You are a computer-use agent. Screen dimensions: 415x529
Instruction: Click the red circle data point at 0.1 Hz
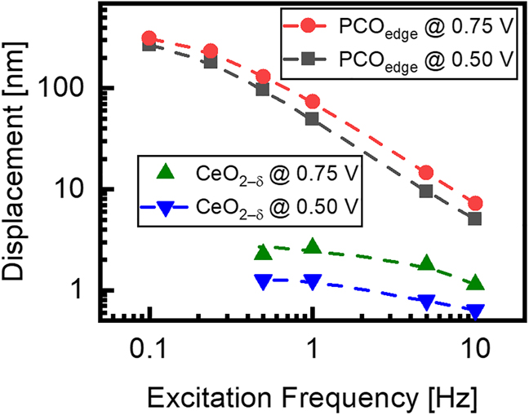[149, 38]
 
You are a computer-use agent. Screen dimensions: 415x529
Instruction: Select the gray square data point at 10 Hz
[474, 219]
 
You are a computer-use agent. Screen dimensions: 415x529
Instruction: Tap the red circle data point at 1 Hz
[312, 102]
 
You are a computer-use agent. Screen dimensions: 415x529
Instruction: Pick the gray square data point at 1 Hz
[312, 119]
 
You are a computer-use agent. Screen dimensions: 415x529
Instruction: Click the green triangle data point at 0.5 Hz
[263, 253]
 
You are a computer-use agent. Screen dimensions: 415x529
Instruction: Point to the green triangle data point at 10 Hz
[474, 283]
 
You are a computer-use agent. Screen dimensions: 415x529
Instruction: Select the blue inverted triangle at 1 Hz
[312, 281]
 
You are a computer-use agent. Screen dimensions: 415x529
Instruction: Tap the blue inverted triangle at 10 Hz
[474, 311]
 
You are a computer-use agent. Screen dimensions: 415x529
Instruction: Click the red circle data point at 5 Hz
[425, 172]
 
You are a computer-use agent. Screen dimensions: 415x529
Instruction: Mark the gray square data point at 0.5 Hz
[263, 89]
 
